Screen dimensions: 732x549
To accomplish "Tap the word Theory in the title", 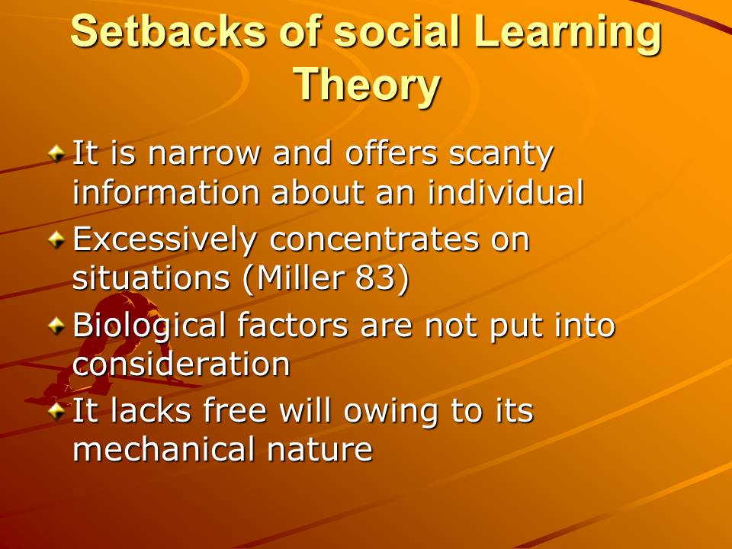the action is (x=367, y=85).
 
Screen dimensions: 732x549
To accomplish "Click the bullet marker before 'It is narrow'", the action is (x=56, y=153).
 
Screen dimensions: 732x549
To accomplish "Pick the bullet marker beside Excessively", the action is (x=56, y=239).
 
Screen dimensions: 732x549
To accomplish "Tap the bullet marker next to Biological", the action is (x=56, y=326).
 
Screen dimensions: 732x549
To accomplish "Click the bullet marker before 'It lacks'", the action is (x=56, y=411).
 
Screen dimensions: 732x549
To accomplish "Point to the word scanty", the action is (x=501, y=156).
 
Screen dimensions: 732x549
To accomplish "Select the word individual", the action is (x=506, y=191).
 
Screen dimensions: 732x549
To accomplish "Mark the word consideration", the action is (x=181, y=364).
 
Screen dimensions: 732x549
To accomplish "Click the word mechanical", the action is (x=163, y=450).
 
